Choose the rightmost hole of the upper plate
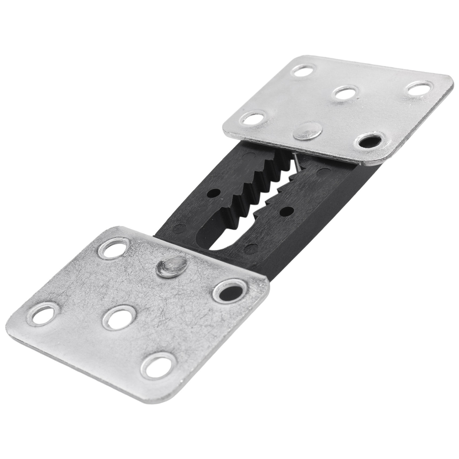418,88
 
